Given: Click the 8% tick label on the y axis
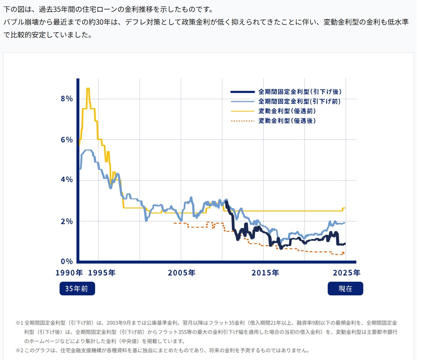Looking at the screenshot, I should (67, 99).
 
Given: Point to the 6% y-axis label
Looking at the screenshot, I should (67, 140).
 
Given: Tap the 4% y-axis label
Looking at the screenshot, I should (67, 180).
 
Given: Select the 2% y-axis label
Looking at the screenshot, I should (67, 221).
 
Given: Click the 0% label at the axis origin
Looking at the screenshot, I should (67, 261).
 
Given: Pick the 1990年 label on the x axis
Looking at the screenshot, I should (69, 273).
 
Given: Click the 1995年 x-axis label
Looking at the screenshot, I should (102, 273).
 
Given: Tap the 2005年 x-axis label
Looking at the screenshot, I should (182, 273).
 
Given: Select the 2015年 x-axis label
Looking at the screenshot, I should (265, 273).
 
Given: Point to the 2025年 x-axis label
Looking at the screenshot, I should (346, 273).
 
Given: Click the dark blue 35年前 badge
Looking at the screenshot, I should (77, 289).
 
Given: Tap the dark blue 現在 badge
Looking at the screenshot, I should (345, 289).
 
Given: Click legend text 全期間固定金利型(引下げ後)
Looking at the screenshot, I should (300, 92).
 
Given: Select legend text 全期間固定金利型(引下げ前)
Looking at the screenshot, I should (299, 101).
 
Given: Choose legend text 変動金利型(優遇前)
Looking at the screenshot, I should (287, 111).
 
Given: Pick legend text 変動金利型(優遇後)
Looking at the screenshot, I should (287, 121).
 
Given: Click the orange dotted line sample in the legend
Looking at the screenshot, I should (242, 121).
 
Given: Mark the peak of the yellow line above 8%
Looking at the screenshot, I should (88, 88).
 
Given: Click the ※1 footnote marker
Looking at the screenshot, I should (19, 323).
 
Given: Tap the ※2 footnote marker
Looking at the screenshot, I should (19, 351).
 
